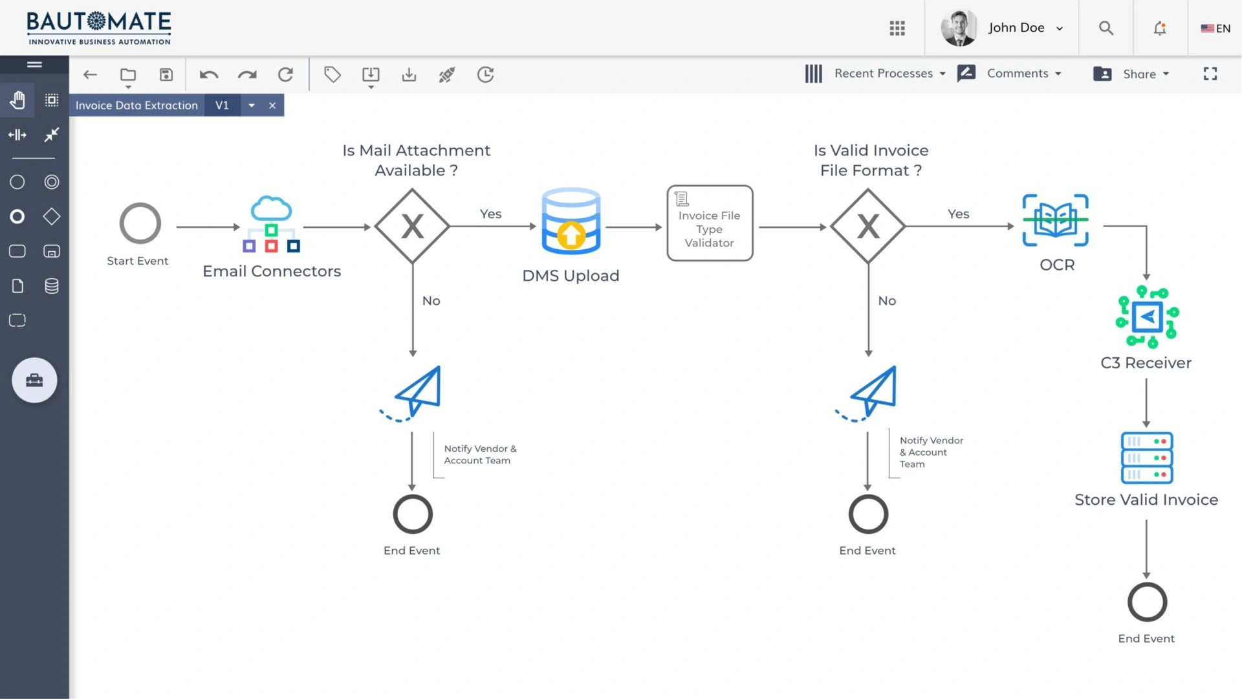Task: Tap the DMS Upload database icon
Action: (571, 221)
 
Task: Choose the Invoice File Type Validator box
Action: (710, 223)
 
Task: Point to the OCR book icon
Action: (1056, 220)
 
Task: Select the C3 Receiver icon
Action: (1147, 317)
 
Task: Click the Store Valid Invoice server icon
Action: (1147, 458)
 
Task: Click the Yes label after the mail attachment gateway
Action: (491, 214)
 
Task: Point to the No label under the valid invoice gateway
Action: (887, 300)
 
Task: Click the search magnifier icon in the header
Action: (1106, 28)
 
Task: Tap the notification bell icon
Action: (1160, 28)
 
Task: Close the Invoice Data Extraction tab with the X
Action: (272, 105)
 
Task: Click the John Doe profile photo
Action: (959, 28)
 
